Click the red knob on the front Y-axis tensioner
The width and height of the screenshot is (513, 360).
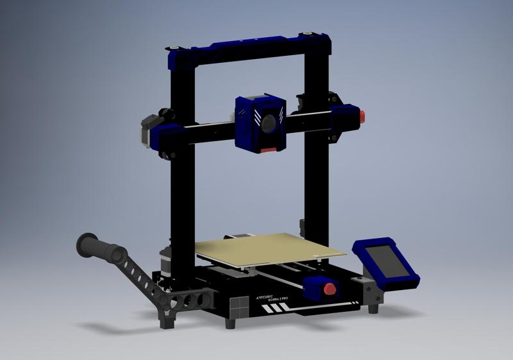330,288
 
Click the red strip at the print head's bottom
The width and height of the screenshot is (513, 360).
269,150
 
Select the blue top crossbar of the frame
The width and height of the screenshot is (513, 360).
250,47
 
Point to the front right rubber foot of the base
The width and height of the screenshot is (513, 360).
373,309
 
